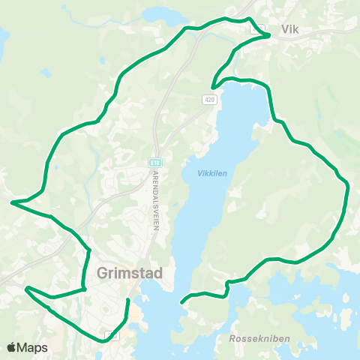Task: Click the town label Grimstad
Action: point(130,274)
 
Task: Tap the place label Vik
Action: point(290,30)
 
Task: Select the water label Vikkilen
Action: point(211,173)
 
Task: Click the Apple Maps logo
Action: point(27,347)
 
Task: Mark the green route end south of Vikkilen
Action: point(181,302)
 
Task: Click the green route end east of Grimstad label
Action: point(128,300)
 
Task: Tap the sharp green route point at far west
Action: point(12,202)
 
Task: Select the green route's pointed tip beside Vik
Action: point(269,34)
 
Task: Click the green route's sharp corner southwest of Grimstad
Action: point(27,287)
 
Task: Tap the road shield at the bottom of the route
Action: point(112,336)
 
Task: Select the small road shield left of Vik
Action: point(255,27)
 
